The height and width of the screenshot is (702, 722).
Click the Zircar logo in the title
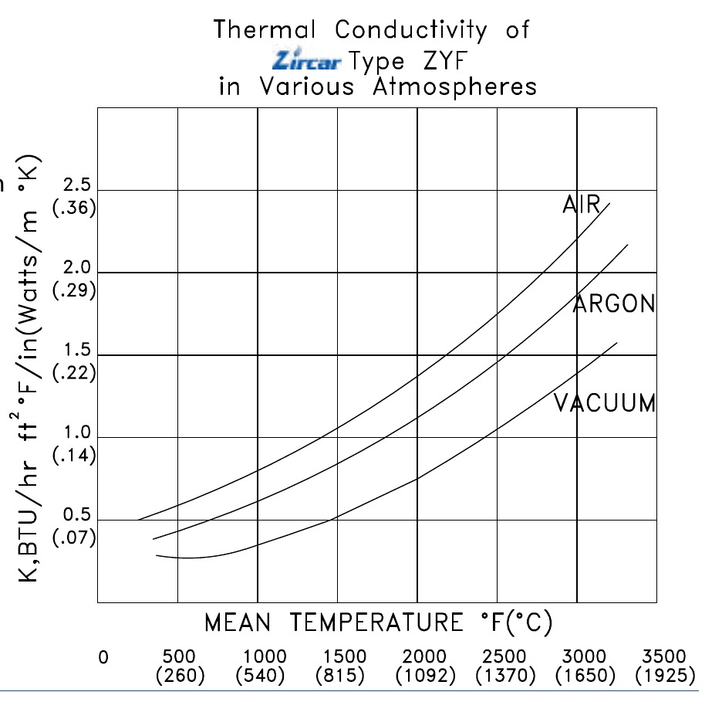click(x=307, y=59)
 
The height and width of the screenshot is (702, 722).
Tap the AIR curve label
click(x=582, y=204)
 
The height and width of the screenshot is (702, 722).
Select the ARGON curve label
click(x=614, y=304)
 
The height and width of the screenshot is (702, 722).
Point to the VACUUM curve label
click(x=605, y=403)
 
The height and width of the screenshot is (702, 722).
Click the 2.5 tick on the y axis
click(x=77, y=185)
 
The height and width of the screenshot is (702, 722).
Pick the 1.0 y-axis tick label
click(x=77, y=432)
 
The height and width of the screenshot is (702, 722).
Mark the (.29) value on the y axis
click(x=74, y=290)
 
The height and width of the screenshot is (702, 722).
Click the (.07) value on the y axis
click(x=74, y=538)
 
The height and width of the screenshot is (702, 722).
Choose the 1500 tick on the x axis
click(x=345, y=656)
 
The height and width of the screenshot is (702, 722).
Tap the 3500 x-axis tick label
click(x=664, y=656)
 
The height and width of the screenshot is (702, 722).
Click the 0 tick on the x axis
click(x=103, y=657)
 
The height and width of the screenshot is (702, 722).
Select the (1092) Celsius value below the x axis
click(x=426, y=676)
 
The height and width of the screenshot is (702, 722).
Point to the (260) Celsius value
click(x=180, y=676)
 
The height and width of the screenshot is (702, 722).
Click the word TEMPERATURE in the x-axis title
click(x=376, y=622)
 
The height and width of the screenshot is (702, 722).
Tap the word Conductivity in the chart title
click(x=410, y=30)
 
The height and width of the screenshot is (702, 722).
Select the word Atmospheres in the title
click(x=455, y=86)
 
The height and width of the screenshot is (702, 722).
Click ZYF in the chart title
click(x=445, y=60)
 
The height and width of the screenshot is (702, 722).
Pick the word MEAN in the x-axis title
click(x=238, y=622)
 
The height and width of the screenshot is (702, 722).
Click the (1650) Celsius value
click(x=585, y=676)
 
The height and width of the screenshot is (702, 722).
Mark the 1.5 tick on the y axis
click(x=77, y=350)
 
